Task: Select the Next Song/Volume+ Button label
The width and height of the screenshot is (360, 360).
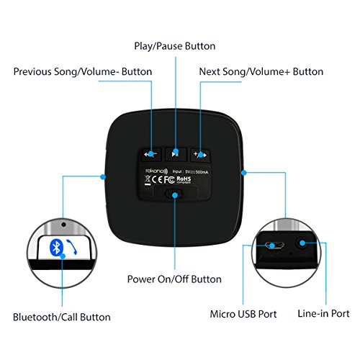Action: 261,71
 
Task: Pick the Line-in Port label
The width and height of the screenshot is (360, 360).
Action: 323,314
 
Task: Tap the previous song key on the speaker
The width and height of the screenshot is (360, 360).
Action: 150,154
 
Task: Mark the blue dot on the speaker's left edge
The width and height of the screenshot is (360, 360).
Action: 103,175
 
